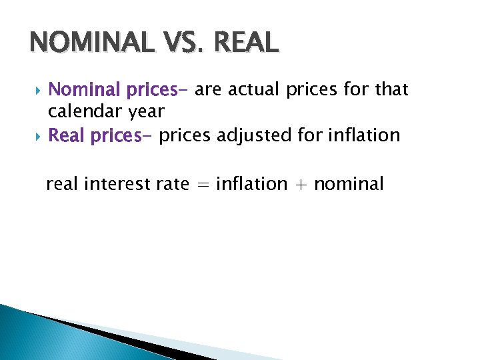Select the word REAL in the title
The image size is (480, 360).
click(x=248, y=43)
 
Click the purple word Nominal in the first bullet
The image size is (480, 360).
click(x=83, y=89)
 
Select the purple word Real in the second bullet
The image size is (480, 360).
click(x=67, y=136)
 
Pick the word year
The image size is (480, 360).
click(x=144, y=112)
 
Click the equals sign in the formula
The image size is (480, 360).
click(x=203, y=185)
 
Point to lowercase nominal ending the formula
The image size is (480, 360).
click(x=349, y=183)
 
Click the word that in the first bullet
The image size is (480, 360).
click(x=391, y=89)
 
